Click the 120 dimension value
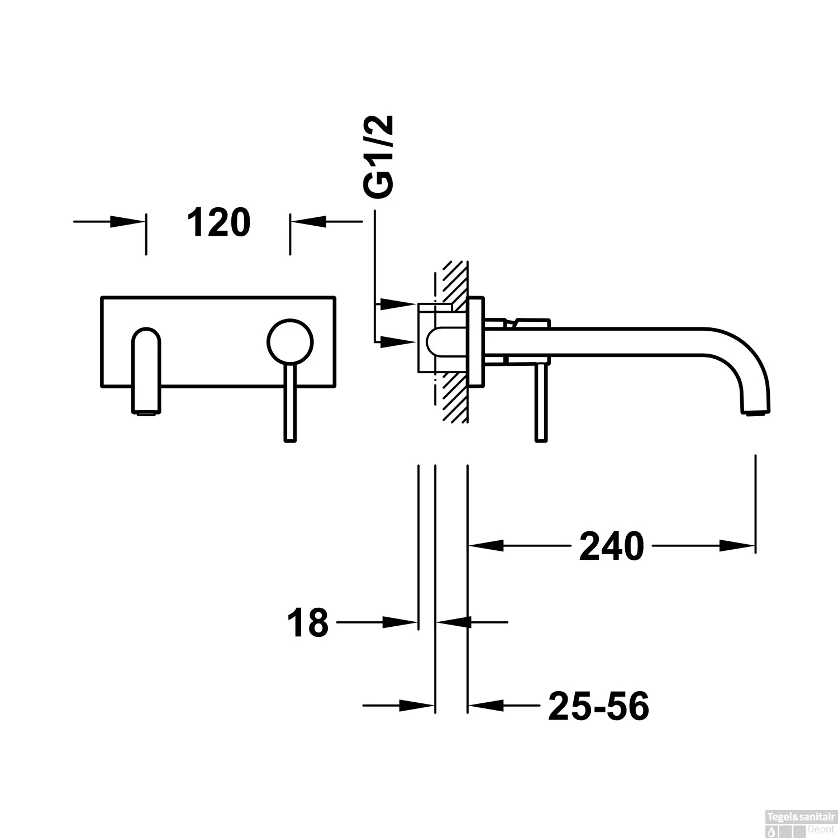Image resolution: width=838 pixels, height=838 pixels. [218, 222]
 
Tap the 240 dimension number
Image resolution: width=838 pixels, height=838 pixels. [611, 546]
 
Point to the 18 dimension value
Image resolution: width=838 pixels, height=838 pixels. [308, 623]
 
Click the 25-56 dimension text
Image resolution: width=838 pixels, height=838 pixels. [598, 706]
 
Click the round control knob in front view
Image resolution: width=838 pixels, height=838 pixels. [291, 342]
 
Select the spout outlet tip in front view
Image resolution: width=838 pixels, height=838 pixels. [146, 412]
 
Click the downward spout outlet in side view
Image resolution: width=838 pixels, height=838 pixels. [756, 411]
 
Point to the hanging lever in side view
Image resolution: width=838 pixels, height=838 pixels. [540, 402]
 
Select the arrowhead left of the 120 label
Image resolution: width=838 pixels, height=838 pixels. [127, 222]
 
